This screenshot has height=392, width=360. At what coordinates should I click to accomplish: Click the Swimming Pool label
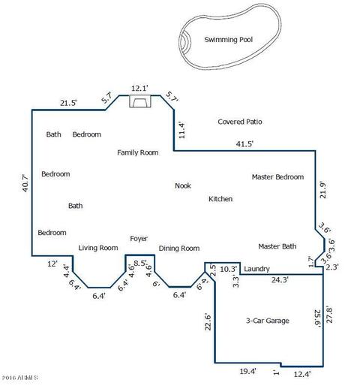click(229, 40)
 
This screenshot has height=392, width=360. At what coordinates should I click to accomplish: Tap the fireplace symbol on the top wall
click(140, 101)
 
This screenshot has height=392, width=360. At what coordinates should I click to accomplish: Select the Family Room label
click(138, 152)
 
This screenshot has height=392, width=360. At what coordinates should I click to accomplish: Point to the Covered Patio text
click(240, 122)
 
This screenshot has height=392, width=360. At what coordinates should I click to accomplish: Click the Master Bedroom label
click(278, 177)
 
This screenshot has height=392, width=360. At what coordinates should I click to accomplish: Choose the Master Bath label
click(277, 246)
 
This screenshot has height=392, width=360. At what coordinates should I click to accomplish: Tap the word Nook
click(183, 185)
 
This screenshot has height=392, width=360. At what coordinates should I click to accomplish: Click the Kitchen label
click(220, 199)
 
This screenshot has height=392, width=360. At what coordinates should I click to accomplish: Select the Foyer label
click(139, 239)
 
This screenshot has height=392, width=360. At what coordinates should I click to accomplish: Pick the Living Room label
click(98, 248)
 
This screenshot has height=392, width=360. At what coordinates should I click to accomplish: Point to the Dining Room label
click(179, 249)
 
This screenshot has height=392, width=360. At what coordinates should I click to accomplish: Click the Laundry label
click(257, 269)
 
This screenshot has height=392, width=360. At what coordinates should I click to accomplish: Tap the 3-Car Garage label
click(268, 321)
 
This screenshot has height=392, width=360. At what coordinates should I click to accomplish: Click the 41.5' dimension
click(244, 143)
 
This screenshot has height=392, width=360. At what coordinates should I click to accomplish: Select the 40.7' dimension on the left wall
click(25, 183)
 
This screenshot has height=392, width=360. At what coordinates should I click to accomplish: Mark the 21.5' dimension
click(68, 103)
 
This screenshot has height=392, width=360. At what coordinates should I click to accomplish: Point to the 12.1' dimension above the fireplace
click(140, 88)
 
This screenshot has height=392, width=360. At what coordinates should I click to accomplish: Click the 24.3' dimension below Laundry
click(280, 279)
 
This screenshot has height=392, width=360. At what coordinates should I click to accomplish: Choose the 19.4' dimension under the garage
click(248, 371)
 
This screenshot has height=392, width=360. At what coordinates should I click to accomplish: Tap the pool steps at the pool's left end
click(185, 41)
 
